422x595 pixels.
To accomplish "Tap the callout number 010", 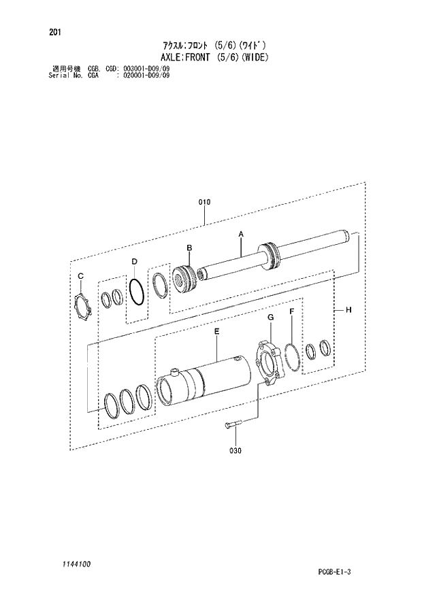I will (205, 202).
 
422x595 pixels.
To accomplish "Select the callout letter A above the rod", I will (240, 234).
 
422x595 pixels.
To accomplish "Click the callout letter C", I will (80, 275).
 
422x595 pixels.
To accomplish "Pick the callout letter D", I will (135, 261).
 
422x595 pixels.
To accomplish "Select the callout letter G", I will (270, 318).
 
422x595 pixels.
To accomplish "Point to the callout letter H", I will (348, 310).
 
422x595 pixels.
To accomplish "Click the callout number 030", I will (236, 449).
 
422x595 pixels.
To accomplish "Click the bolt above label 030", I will (231, 426).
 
